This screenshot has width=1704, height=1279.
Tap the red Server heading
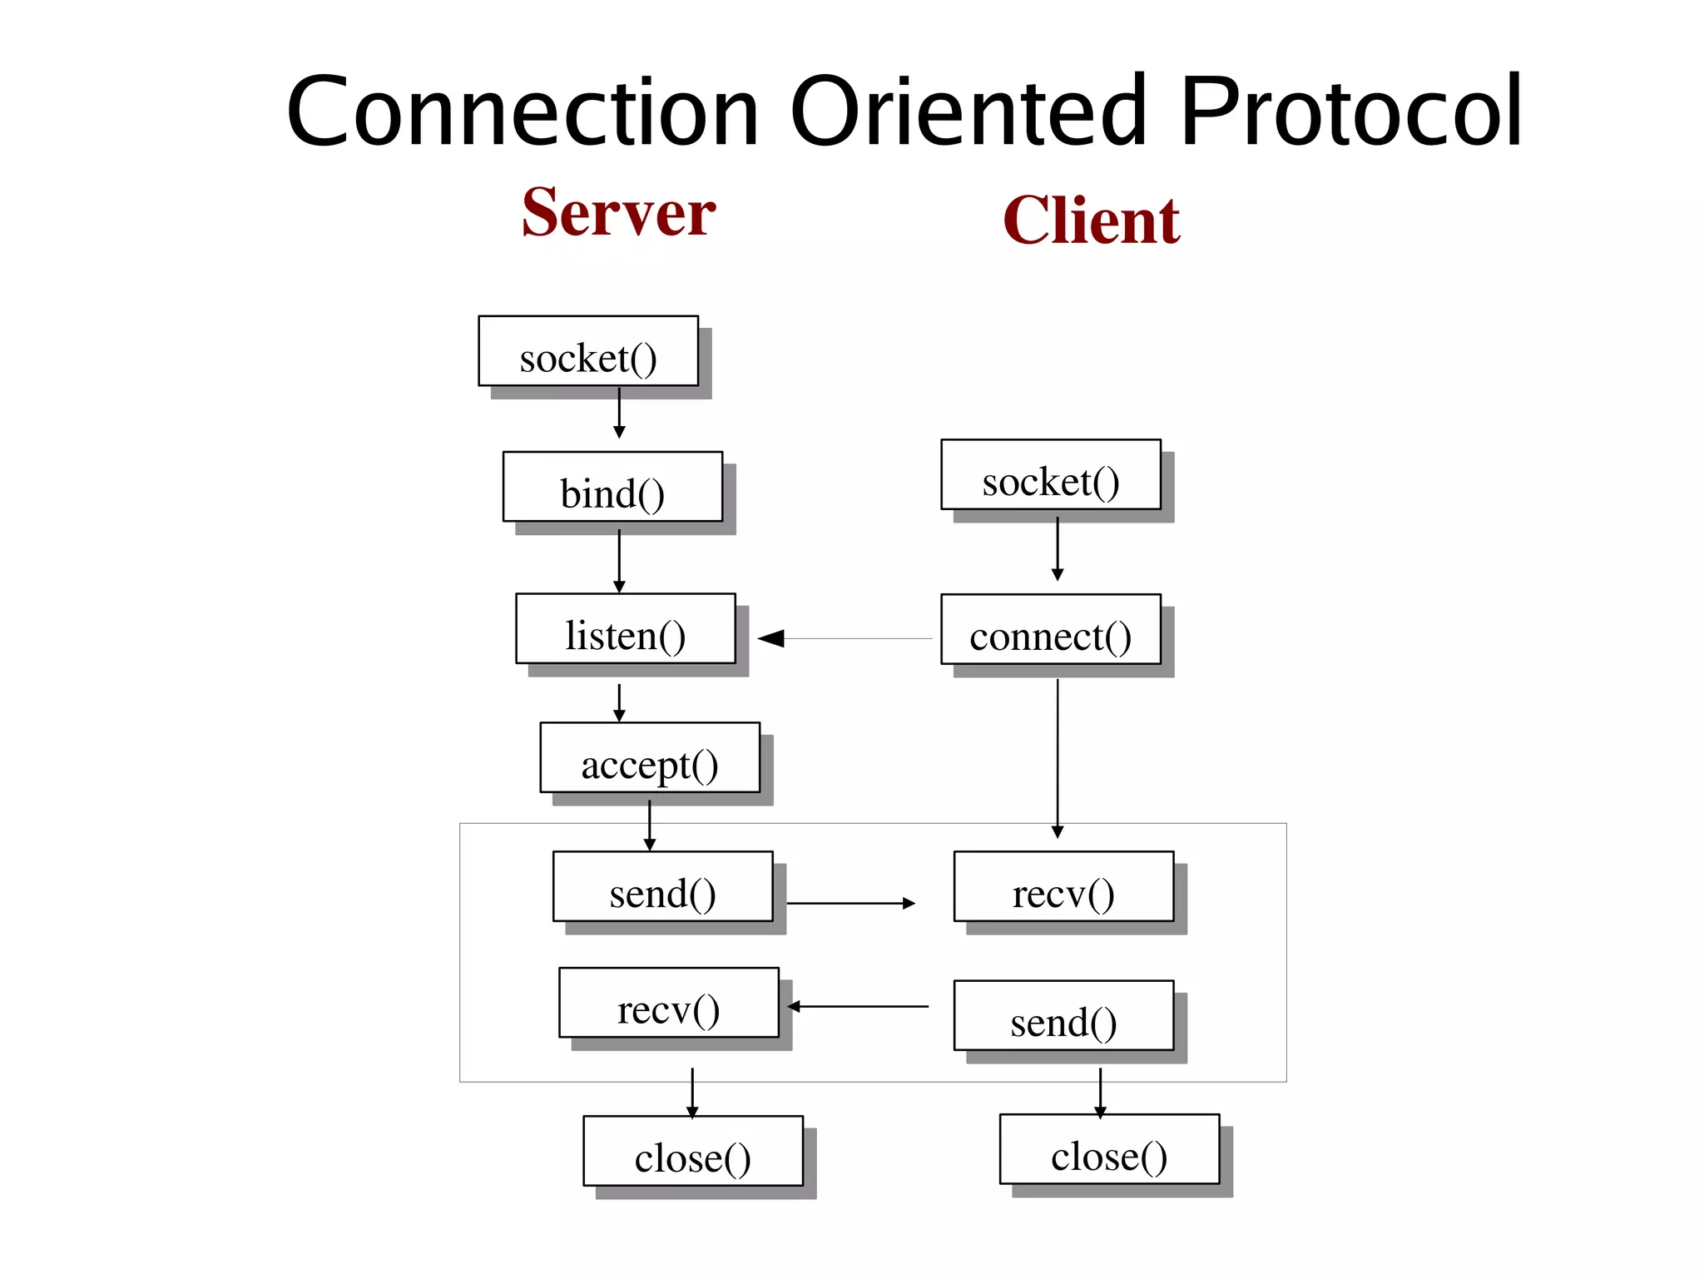click(x=618, y=213)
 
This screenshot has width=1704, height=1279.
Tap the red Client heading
click(x=1091, y=221)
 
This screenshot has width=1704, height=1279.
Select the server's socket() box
click(x=588, y=351)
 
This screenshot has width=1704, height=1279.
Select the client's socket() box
click(x=1051, y=474)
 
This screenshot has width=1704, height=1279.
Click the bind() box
click(x=612, y=487)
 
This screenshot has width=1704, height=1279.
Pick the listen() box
click(x=626, y=629)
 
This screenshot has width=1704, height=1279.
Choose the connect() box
click(x=1051, y=630)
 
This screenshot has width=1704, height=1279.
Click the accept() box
click(x=650, y=758)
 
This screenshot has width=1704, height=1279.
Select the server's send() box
click(x=663, y=887)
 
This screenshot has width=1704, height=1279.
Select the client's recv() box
click(x=1063, y=887)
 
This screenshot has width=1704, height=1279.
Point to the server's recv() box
click(x=669, y=1003)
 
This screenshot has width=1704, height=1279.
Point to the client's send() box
click(x=1063, y=1016)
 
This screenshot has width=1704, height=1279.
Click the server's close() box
click(x=693, y=1151)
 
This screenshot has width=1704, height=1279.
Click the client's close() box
click(x=1109, y=1149)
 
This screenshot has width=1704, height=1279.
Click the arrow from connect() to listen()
click(x=849, y=639)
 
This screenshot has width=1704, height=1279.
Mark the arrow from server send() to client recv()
click(x=850, y=903)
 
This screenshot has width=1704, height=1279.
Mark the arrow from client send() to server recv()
click(x=857, y=1007)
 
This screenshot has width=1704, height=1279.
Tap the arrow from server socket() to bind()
click(x=619, y=413)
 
